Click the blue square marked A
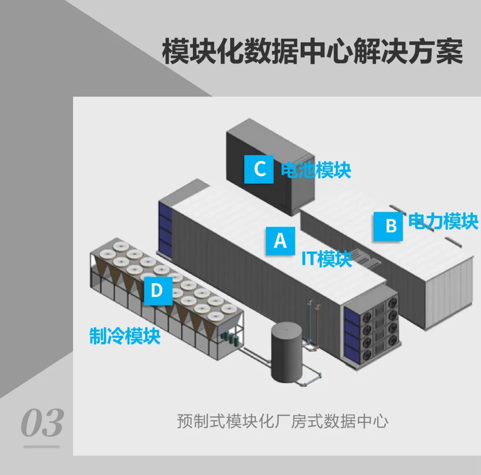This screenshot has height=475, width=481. pyautogui.click(x=280, y=241)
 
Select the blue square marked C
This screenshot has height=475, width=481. pyautogui.click(x=259, y=169)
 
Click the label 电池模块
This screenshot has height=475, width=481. pyautogui.click(x=316, y=169)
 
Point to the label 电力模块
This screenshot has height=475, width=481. pyautogui.click(x=443, y=221)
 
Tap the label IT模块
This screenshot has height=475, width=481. pyautogui.click(x=326, y=259)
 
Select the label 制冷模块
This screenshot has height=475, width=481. pyautogui.click(x=125, y=336)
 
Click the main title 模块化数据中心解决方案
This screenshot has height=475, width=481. pyautogui.click(x=312, y=52)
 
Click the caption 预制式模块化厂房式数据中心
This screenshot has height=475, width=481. pyautogui.click(x=282, y=421)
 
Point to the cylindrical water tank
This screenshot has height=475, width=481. pyautogui.click(x=288, y=352)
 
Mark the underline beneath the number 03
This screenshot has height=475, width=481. pyautogui.click(x=41, y=446)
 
